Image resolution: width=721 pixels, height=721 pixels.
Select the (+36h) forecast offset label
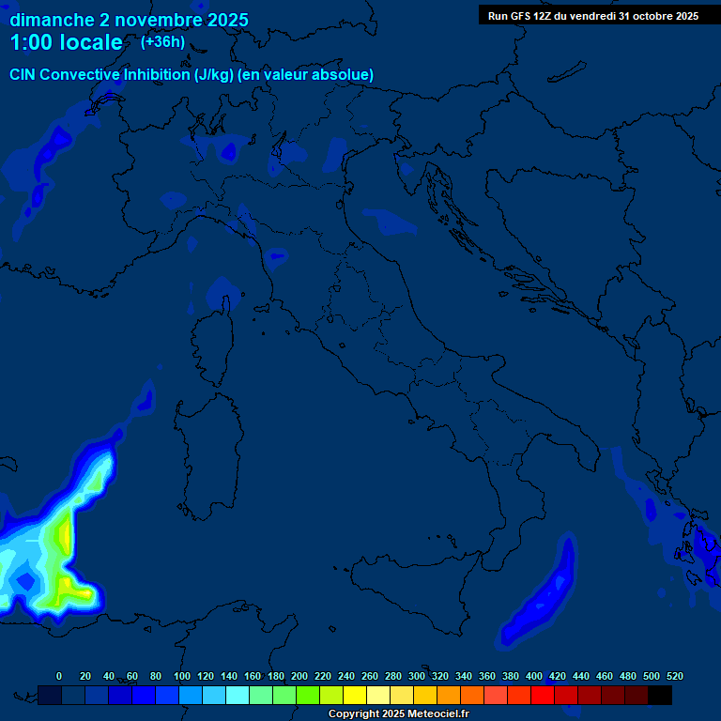tap(162, 41)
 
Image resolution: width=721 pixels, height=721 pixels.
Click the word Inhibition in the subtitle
tap(157, 74)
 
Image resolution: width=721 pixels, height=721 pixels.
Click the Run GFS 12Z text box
tap(592, 16)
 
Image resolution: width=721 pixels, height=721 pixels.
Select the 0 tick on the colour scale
tap(59, 676)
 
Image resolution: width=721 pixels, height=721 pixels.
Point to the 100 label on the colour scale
tap(181, 676)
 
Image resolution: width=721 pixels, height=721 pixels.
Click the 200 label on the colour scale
tap(299, 676)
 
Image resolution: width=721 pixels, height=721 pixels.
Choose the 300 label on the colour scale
tap(417, 676)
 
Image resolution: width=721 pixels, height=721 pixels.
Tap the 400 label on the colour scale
tap(534, 676)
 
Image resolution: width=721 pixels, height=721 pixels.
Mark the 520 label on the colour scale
tap(674, 676)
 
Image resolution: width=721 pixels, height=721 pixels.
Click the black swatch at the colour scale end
tap(660, 695)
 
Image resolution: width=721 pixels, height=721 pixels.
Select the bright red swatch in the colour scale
tap(543, 695)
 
